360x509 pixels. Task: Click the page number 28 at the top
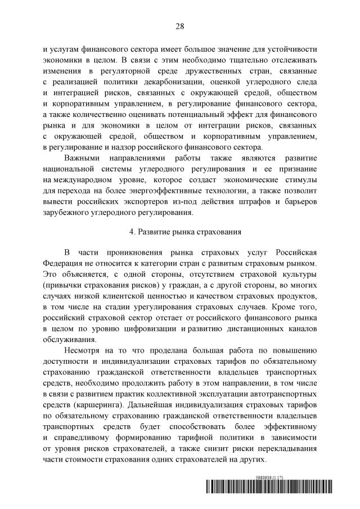[180, 26]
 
